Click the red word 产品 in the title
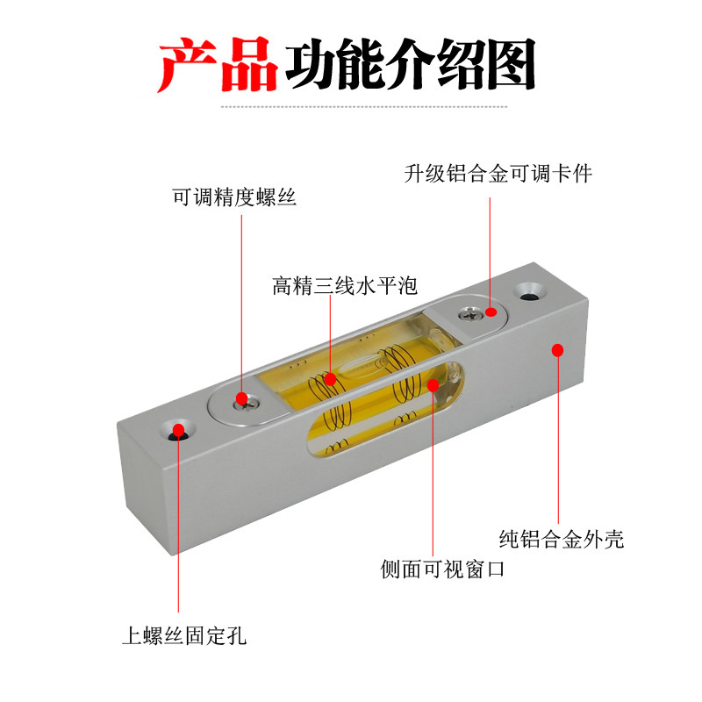pyautogui.click(x=218, y=66)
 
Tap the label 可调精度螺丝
pyautogui.click(x=234, y=198)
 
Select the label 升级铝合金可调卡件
pyautogui.click(x=498, y=174)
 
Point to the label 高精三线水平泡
pyautogui.click(x=344, y=286)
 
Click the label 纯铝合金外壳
pyautogui.click(x=562, y=539)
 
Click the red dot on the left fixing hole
pyautogui.click(x=179, y=430)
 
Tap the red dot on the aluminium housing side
pyautogui.click(x=556, y=350)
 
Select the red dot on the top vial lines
pyautogui.click(x=330, y=379)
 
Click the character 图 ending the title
pyautogui.click(x=508, y=66)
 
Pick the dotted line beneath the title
pyautogui.click(x=364, y=107)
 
